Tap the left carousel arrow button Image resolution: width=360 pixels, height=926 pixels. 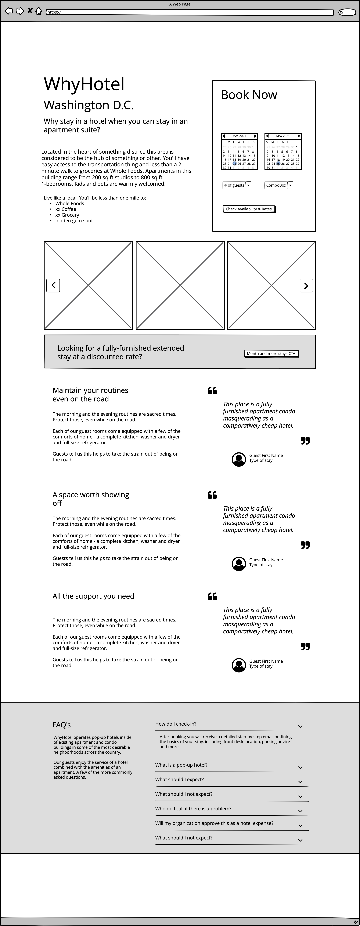53,285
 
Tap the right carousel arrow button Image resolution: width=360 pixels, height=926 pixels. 306,285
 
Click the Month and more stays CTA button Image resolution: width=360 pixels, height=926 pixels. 271,353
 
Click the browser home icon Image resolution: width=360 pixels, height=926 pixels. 39,11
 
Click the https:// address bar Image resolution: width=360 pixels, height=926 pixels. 190,12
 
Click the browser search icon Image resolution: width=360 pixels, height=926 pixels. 347,12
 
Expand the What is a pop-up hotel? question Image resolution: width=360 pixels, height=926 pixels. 181,765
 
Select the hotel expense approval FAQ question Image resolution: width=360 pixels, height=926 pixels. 214,823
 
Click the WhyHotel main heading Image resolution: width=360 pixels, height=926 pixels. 84,84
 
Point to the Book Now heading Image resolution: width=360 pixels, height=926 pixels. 249,95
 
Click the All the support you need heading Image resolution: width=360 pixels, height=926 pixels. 93,596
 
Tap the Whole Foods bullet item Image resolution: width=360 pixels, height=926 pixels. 69,203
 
